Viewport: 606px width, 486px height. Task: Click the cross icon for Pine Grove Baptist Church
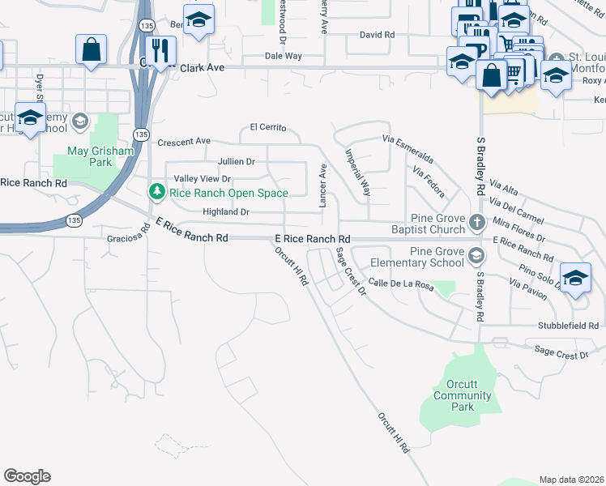(477, 220)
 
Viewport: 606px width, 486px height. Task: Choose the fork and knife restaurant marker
(160, 49)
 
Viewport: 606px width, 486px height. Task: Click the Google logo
(27, 476)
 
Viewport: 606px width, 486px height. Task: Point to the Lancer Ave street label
(322, 185)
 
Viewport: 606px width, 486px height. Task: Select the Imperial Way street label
(357, 173)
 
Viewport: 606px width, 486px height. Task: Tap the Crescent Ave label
(184, 142)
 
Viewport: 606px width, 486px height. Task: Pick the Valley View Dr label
(203, 179)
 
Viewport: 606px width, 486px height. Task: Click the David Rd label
(377, 36)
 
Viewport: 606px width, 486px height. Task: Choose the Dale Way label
(284, 56)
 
